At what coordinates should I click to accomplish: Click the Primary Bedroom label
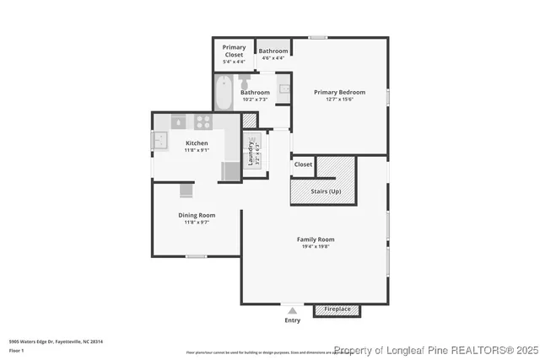pos(339,92)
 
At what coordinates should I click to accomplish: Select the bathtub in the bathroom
pos(224,94)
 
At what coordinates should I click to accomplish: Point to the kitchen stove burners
pos(203,121)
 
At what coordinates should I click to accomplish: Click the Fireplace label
pos(337,309)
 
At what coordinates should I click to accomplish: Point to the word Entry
pos(293,320)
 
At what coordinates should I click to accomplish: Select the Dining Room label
pos(197,215)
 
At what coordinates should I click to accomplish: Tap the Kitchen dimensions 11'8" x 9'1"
pos(197,150)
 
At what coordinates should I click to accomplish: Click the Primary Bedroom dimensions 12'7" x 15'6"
pos(339,99)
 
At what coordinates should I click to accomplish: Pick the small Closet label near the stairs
pos(303,164)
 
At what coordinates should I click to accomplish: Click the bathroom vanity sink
pos(283,88)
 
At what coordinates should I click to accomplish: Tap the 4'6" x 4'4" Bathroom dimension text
pos(273,58)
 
